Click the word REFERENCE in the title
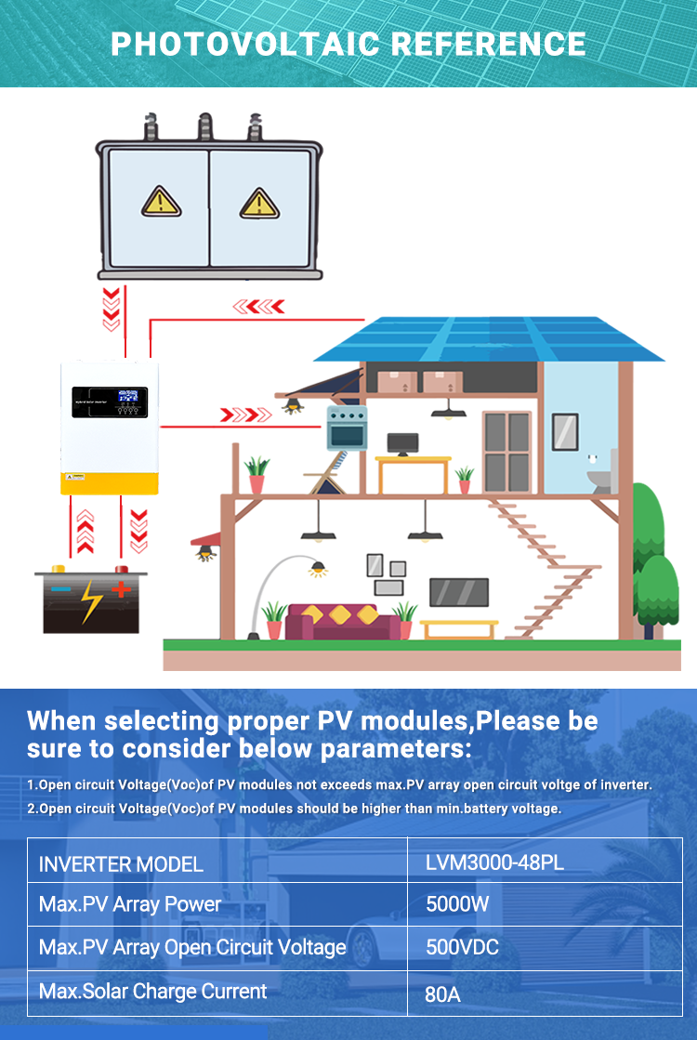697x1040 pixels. click(488, 45)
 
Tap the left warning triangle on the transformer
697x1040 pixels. click(161, 202)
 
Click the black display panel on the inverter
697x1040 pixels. click(110, 402)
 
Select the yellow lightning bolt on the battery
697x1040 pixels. click(91, 601)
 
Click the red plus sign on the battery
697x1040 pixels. click(121, 588)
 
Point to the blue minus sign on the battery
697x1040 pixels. click(60, 588)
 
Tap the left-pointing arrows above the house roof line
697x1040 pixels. click(258, 307)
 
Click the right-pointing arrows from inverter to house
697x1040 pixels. click(245, 415)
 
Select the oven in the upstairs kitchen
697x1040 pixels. click(347, 428)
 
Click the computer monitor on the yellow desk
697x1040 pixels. click(402, 443)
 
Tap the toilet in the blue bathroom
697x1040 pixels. click(603, 474)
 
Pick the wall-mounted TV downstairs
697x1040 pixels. click(459, 592)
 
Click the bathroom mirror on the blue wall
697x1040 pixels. click(565, 432)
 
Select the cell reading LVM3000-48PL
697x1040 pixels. click(494, 862)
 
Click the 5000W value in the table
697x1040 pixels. click(457, 904)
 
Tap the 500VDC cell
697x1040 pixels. click(462, 947)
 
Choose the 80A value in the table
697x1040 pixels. click(443, 994)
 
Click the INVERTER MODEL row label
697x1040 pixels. click(121, 864)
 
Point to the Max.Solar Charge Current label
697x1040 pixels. click(153, 991)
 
